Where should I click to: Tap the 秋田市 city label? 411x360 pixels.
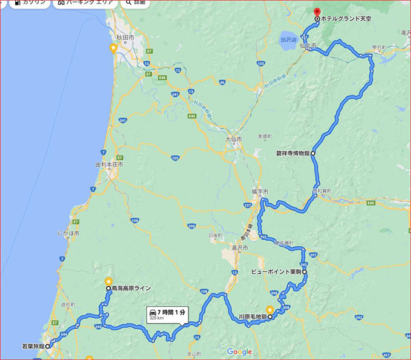(126, 38)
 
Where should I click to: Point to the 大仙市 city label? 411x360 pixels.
(233, 139)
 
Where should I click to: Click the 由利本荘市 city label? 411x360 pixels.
(109, 165)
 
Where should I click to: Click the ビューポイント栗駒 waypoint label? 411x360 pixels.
(276, 272)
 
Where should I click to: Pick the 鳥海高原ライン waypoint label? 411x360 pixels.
(131, 289)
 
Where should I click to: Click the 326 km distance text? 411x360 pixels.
(156, 318)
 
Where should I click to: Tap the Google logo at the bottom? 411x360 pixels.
(239, 352)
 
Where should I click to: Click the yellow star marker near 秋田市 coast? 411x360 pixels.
(113, 47)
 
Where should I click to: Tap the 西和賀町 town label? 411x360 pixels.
(322, 191)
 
